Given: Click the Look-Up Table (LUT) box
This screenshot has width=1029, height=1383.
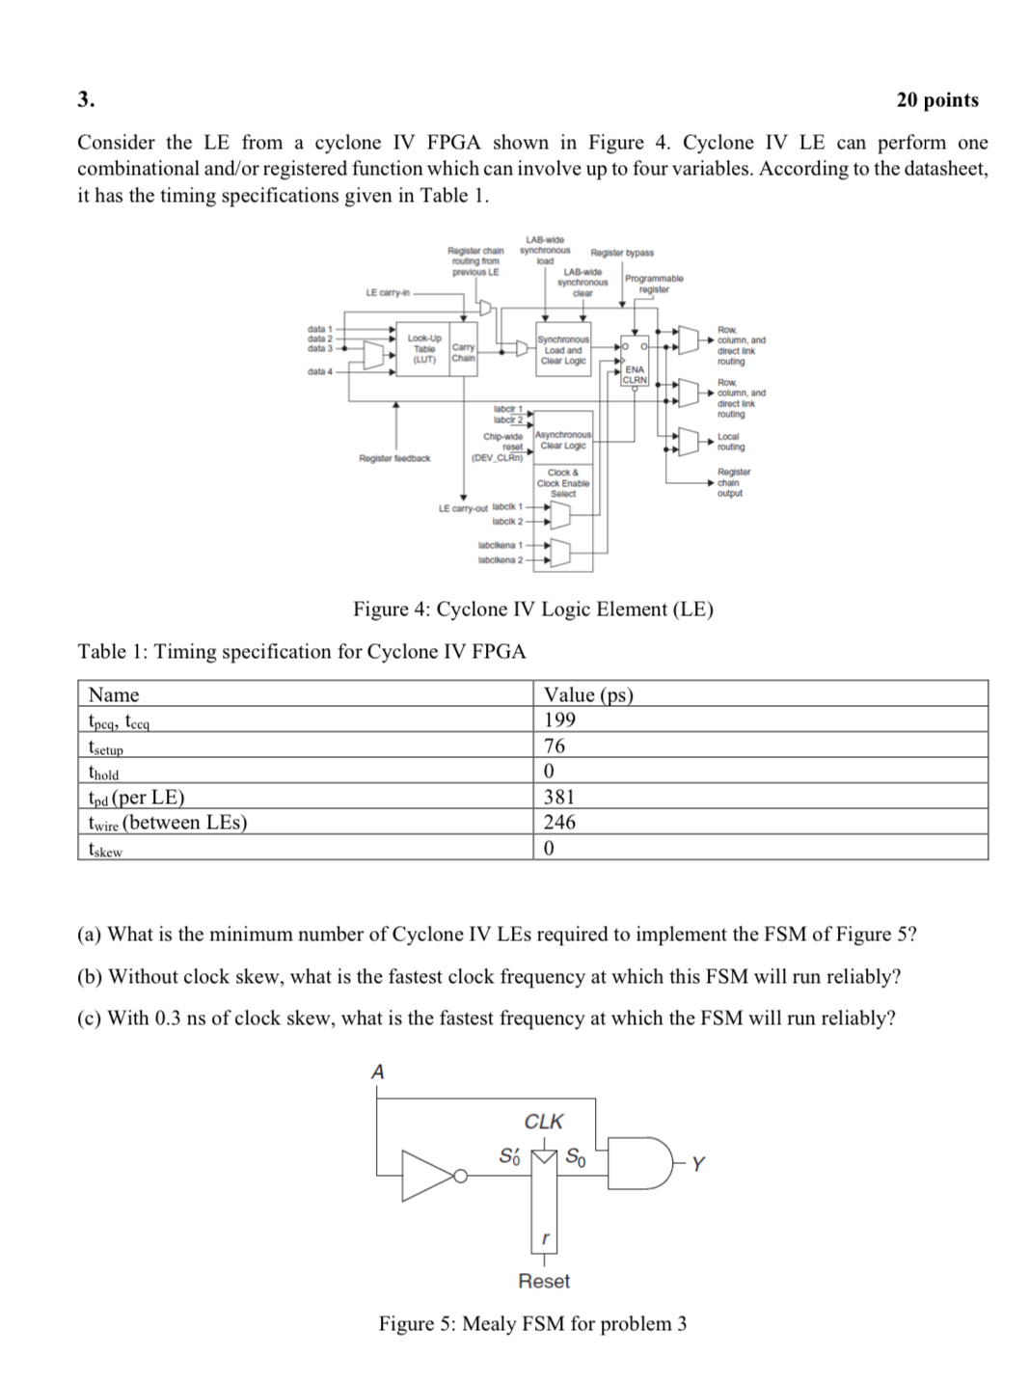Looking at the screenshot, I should click(x=423, y=349).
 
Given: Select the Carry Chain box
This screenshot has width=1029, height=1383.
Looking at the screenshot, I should click(x=463, y=352).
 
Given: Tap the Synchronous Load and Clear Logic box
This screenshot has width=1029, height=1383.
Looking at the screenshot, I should click(x=563, y=350).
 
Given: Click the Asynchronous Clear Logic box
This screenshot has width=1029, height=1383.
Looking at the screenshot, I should click(x=563, y=441).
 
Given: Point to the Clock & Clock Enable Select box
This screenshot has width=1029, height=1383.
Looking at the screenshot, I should click(x=563, y=483).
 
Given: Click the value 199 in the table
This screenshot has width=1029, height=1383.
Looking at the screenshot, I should click(x=559, y=719).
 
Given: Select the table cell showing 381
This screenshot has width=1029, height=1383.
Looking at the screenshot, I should click(x=559, y=797).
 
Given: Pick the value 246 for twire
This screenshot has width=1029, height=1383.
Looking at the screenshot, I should click(x=559, y=822).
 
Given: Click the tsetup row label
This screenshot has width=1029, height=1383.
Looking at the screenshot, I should click(x=106, y=746).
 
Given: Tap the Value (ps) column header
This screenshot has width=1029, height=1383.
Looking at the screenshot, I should click(x=588, y=694).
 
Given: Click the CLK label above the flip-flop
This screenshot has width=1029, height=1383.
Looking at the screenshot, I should click(x=544, y=1122).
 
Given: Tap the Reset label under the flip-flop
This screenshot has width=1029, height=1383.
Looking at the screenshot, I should click(x=544, y=1281).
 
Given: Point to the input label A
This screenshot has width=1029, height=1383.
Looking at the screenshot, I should click(x=377, y=1071).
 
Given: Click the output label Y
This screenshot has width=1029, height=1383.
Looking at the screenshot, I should click(x=698, y=1164).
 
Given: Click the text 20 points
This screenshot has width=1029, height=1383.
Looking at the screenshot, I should click(x=936, y=100).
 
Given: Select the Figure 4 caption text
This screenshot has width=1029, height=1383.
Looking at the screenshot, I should click(x=532, y=610).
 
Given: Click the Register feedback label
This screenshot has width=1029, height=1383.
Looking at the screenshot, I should click(x=394, y=458).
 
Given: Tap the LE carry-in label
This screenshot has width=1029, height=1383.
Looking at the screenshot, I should click(x=388, y=292).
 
